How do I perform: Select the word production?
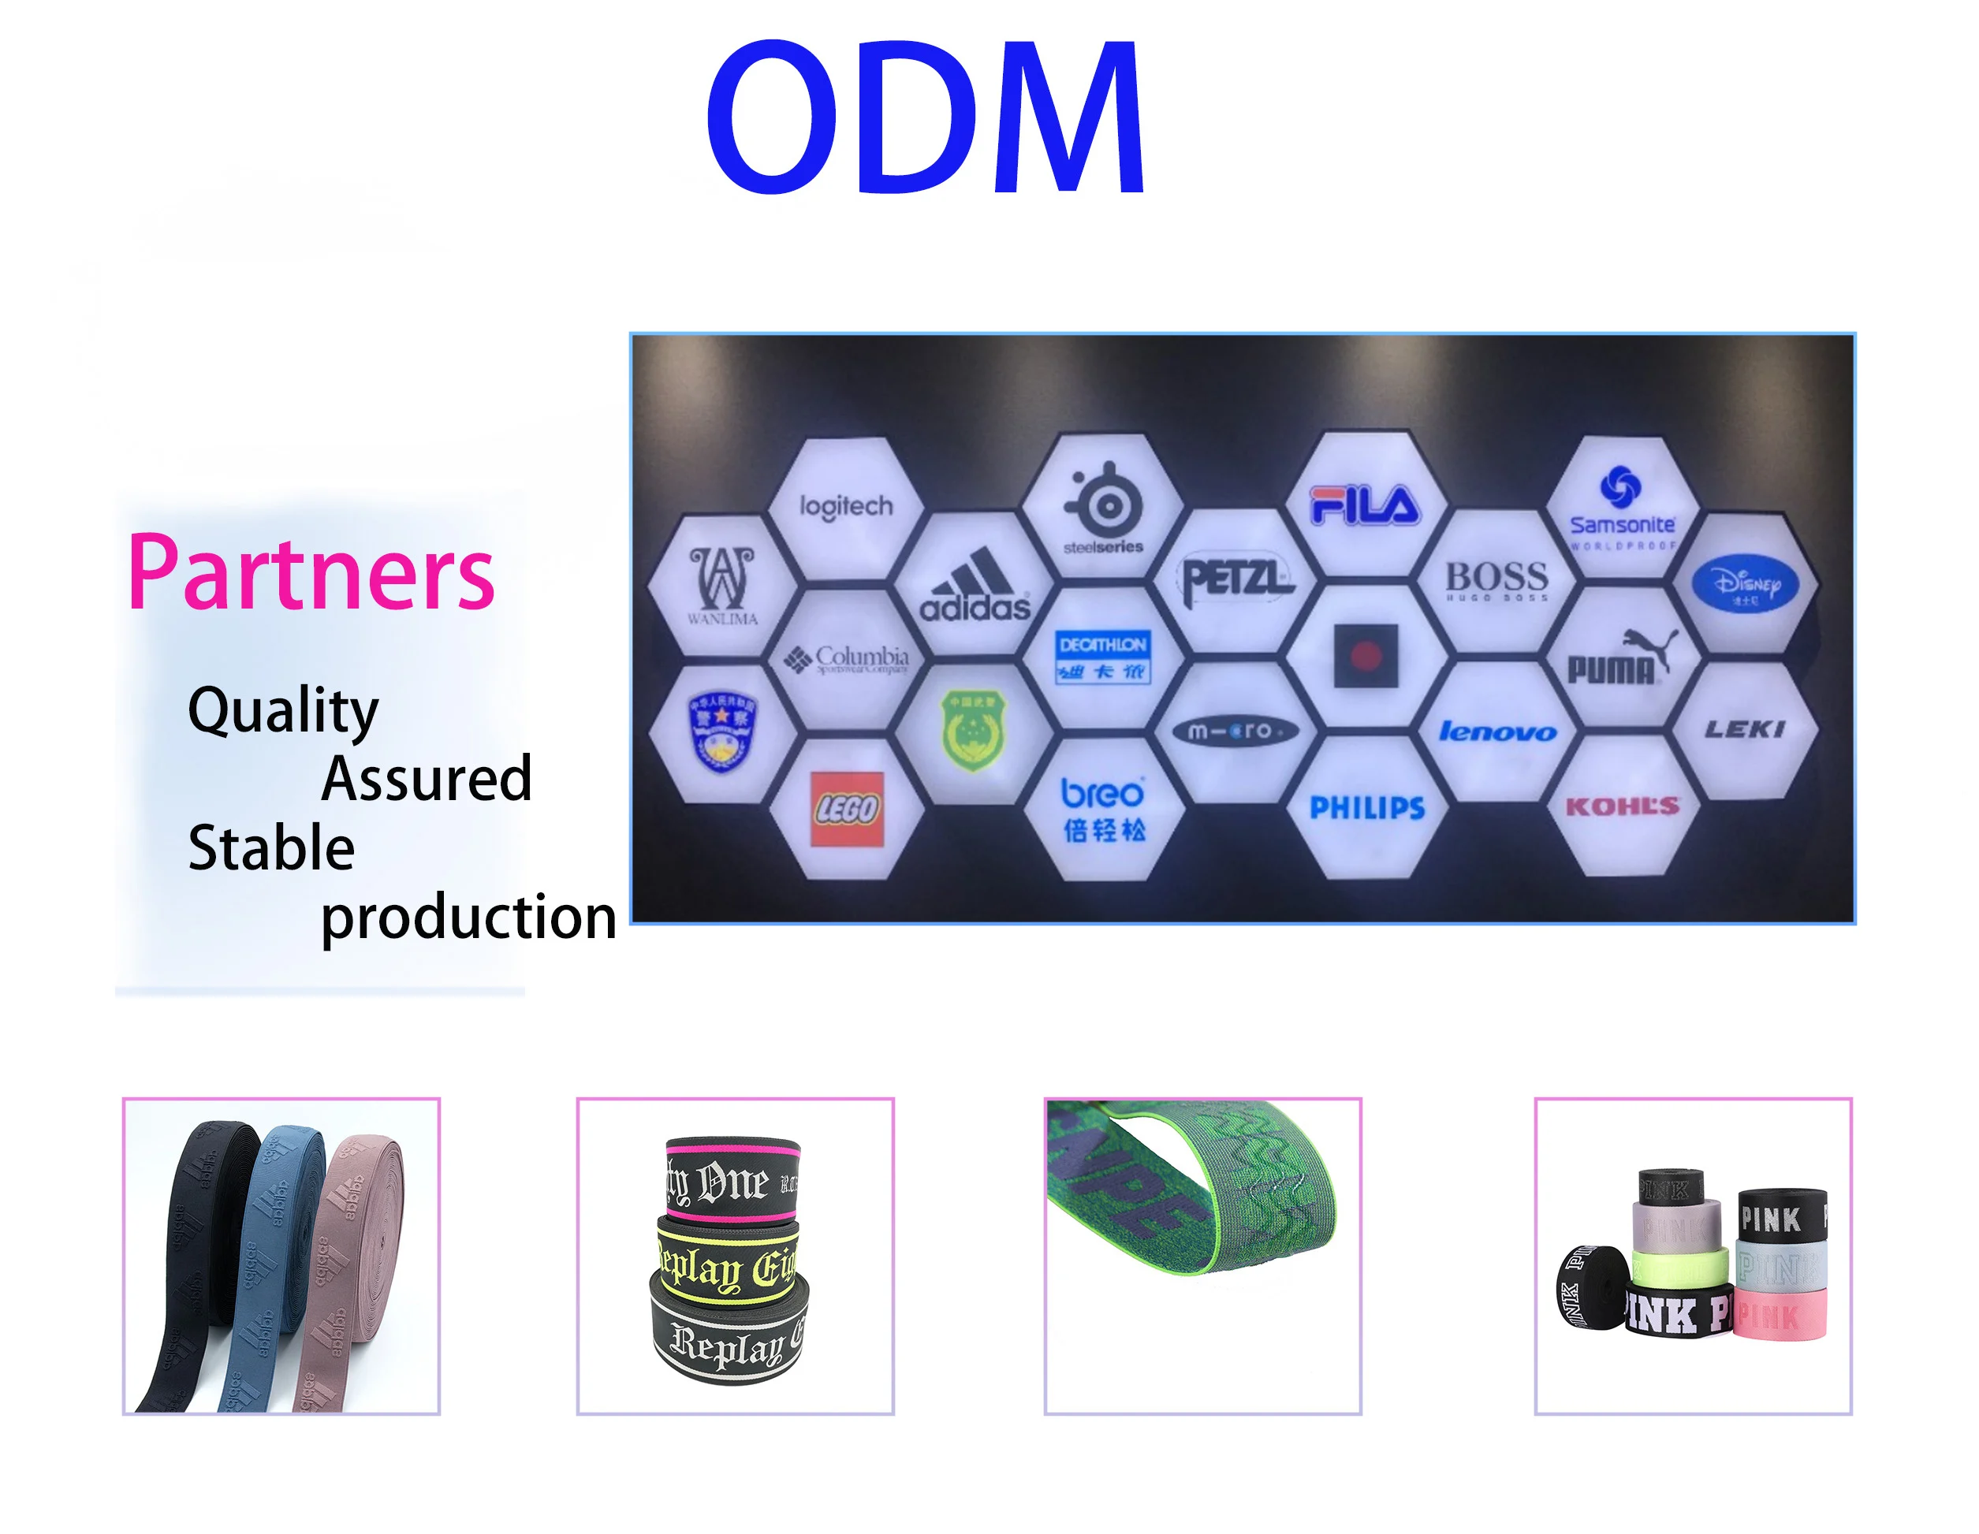[468, 917]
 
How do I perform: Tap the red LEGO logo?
[846, 809]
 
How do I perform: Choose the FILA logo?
[1365, 505]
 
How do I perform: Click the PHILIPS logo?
[1366, 807]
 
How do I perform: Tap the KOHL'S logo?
[1622, 806]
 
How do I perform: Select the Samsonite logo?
[1622, 507]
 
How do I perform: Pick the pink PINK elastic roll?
[1780, 1315]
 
